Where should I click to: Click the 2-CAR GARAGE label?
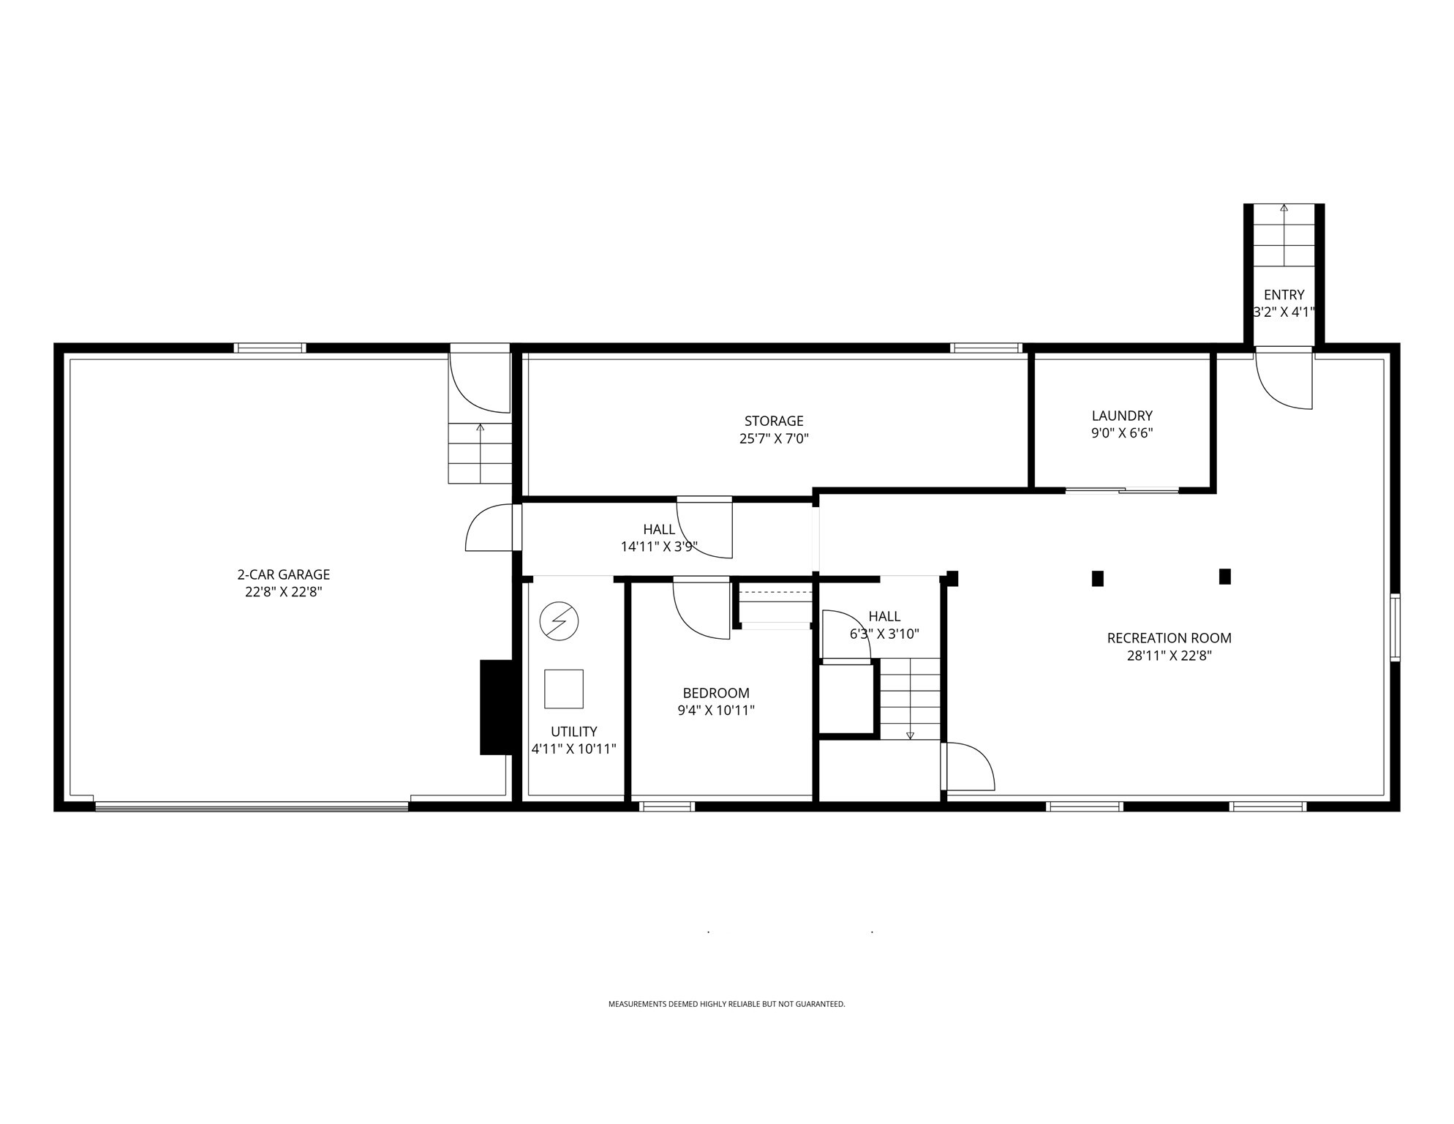tap(283, 574)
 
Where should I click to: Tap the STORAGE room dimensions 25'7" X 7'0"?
tap(774, 439)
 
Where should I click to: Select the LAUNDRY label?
tap(1122, 416)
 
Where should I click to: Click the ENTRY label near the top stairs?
tap(1284, 295)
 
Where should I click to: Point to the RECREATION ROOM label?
tap(1169, 638)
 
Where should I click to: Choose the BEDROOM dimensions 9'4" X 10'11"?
tap(715, 710)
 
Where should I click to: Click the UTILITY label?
tap(573, 731)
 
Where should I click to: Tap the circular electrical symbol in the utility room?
tap(559, 621)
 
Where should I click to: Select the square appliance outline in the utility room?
tap(563, 689)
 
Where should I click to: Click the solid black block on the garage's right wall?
tap(495, 707)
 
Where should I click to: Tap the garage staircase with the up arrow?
tap(480, 453)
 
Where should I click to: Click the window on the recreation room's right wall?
tap(1394, 627)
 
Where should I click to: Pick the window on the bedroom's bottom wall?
tap(666, 806)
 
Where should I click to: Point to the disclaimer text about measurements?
tap(726, 1004)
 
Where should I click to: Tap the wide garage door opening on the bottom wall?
tap(252, 806)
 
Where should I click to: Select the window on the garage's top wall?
tap(270, 348)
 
